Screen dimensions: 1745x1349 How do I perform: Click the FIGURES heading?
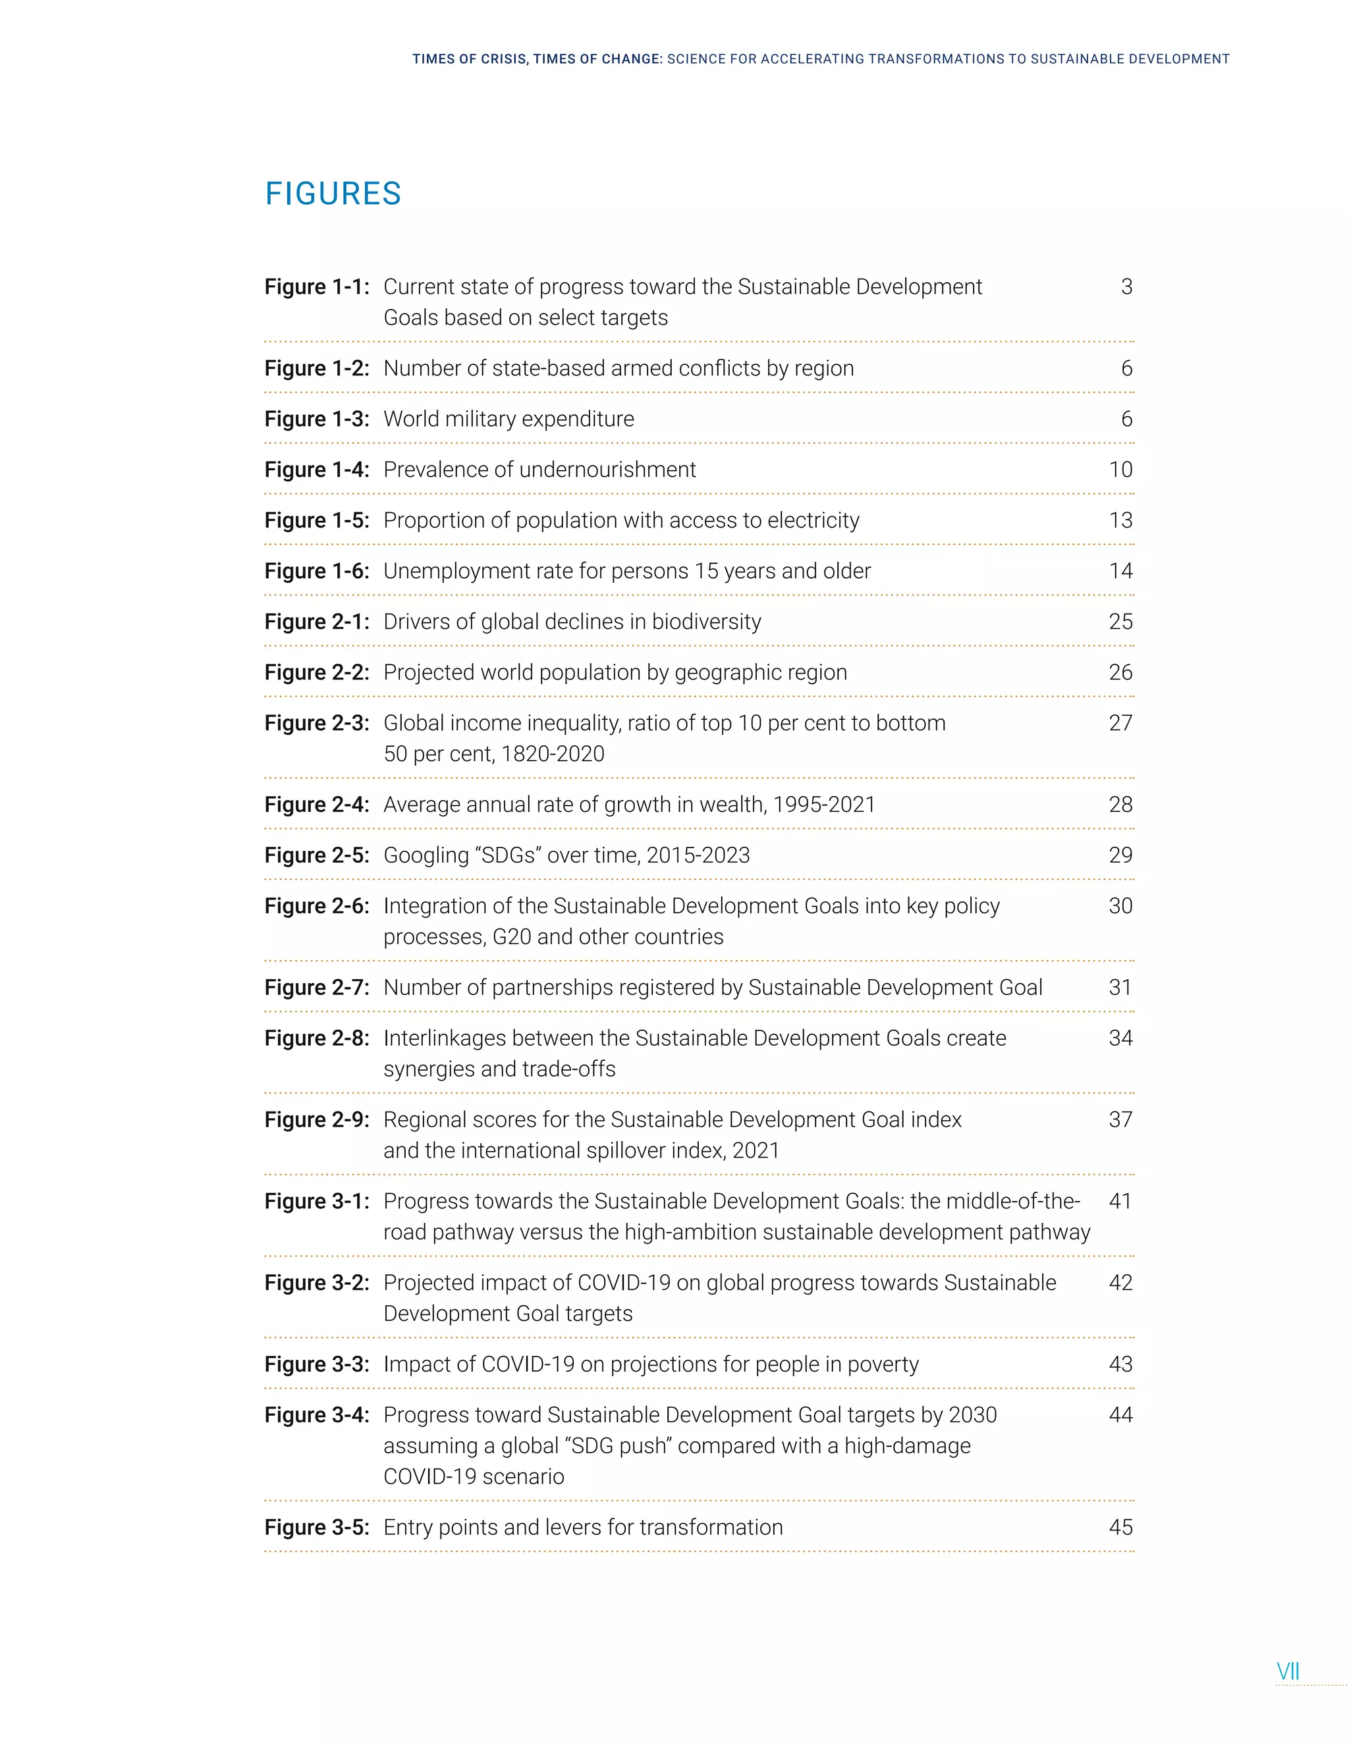pyautogui.click(x=333, y=194)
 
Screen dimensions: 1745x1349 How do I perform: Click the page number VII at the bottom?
pyautogui.click(x=1288, y=1671)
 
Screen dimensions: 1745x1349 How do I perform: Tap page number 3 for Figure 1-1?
pyautogui.click(x=1126, y=287)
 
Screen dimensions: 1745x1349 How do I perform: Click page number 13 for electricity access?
pyautogui.click(x=1120, y=520)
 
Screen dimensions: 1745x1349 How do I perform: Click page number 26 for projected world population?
pyautogui.click(x=1120, y=673)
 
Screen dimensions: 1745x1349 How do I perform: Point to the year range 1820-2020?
pyautogui.click(x=552, y=754)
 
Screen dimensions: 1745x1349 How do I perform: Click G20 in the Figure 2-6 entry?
pyautogui.click(x=511, y=937)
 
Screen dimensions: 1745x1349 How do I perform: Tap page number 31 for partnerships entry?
pyautogui.click(x=1120, y=988)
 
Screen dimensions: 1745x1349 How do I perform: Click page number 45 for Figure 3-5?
pyautogui.click(x=1120, y=1528)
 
